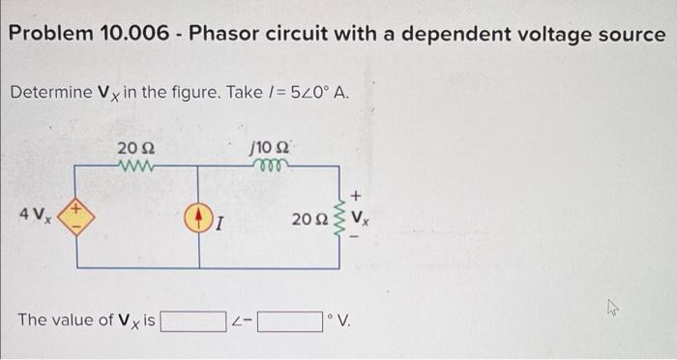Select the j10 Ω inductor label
point(266,148)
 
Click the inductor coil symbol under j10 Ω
point(265,165)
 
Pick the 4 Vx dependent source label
point(35,212)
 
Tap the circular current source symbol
point(199,214)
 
